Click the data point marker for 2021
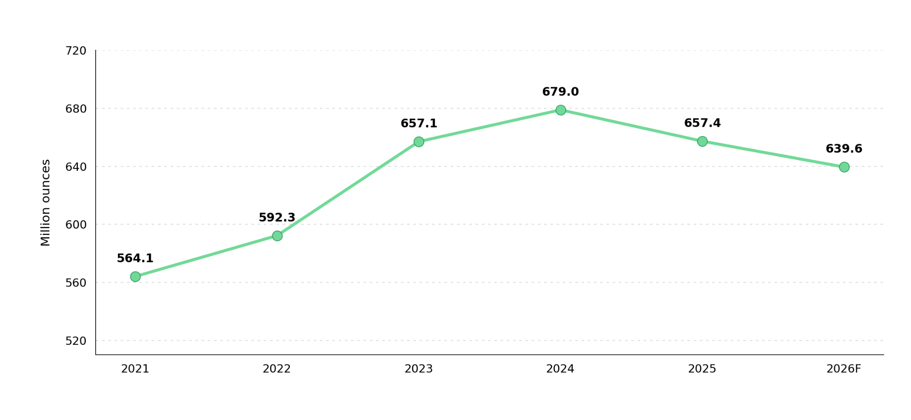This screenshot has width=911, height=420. coord(135,277)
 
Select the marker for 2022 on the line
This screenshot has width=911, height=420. coord(277,236)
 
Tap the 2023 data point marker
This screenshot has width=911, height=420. coord(419,142)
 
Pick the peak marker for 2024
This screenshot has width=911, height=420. coord(560,110)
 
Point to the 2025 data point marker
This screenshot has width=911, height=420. coord(702,141)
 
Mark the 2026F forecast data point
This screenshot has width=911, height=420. coord(844,167)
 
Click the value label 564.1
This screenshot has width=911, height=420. coord(135,258)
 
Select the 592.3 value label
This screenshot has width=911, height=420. coord(277,218)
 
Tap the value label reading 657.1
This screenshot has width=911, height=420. coord(419,124)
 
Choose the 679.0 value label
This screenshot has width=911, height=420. coord(560,92)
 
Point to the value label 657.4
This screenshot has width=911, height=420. coord(702,123)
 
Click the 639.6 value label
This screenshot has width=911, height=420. coord(844,149)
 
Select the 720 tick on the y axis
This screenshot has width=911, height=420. coord(76,51)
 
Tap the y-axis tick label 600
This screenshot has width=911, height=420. coord(76,225)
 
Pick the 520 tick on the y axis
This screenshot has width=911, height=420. coord(76,341)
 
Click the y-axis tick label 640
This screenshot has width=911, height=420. coord(76,167)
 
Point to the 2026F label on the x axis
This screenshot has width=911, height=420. coord(844,369)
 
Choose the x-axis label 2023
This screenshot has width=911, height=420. coord(419,369)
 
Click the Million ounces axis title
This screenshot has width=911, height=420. coord(45,202)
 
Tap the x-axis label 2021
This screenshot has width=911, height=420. coord(135,369)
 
